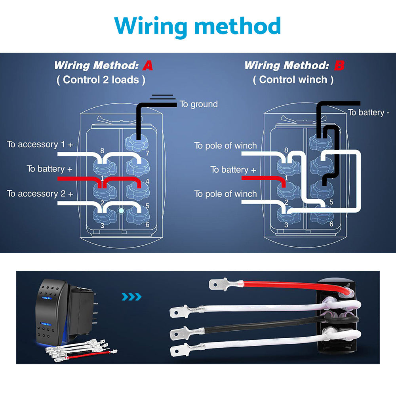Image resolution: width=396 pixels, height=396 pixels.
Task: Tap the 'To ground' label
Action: pos(198,104)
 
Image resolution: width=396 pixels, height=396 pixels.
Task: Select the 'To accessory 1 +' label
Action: pos(40,145)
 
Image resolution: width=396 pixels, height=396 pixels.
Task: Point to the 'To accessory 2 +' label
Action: pos(40,194)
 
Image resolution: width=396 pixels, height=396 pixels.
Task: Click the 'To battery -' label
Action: pos(369,112)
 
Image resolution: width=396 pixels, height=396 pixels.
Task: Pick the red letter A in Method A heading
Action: pos(147,66)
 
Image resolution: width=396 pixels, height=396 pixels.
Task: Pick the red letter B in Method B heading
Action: pos(339,66)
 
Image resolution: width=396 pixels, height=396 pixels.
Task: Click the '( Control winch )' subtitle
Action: pos(293,80)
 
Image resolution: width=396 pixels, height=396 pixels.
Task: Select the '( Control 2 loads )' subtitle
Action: pos(101,80)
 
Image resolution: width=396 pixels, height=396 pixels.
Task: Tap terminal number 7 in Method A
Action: pos(148,153)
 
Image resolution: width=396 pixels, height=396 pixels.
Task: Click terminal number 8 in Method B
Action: pos(286,150)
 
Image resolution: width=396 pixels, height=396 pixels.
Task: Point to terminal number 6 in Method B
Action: pos(331,224)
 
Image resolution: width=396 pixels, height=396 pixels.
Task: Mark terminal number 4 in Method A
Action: pos(147,182)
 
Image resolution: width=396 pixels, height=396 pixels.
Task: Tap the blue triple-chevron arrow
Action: pos(132,297)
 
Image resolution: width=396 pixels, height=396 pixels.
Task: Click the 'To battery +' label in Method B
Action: pos(233,170)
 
